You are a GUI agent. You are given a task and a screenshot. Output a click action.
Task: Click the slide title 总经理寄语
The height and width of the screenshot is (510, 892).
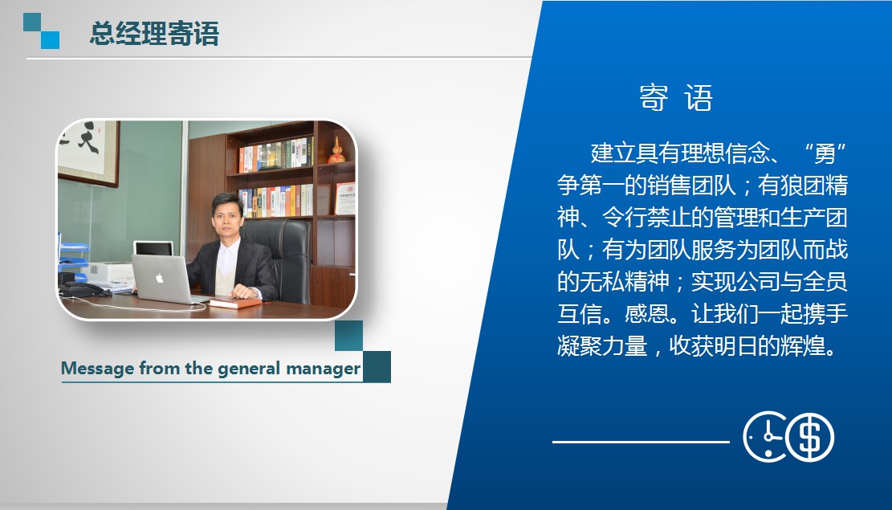pos(154,33)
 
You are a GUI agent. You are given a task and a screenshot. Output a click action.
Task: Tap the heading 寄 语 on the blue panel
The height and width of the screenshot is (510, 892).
pos(676,98)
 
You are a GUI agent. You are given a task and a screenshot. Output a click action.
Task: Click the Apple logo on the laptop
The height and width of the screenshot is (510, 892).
pos(160,278)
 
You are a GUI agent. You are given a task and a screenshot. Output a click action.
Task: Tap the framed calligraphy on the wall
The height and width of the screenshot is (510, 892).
pos(89,152)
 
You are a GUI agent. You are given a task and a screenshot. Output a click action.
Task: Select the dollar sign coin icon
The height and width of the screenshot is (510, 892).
pos(810,437)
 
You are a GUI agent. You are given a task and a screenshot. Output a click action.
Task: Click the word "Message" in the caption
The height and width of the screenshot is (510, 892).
pos(97,369)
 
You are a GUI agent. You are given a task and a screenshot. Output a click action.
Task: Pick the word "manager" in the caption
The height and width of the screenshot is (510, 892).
pos(323,369)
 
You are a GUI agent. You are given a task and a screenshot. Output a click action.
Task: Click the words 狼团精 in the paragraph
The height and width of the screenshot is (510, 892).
pos(814,186)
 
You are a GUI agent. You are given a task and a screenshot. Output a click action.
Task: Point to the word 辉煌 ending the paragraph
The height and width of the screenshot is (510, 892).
pos(803,346)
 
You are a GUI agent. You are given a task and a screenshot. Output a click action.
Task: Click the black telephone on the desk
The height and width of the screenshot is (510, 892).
pos(84,289)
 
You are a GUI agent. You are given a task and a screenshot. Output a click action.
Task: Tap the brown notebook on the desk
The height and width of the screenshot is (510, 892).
pos(234,303)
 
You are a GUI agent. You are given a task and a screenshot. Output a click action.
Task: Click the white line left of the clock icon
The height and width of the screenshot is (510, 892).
pos(642,442)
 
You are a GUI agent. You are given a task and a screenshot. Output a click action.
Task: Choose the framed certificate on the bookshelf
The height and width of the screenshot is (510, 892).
pos(345,198)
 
